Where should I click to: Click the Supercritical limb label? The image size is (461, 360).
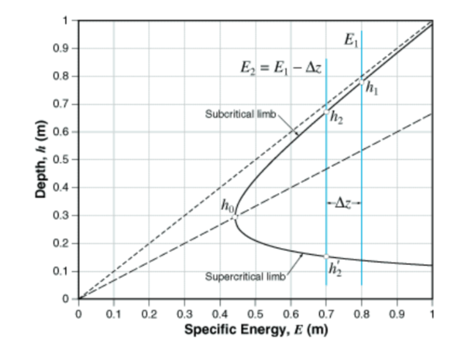pyautogui.click(x=243, y=277)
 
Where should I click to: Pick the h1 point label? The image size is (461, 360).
pyautogui.click(x=372, y=90)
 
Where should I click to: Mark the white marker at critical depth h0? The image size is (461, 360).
pyautogui.click(x=234, y=217)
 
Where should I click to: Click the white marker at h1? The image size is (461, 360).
pyautogui.click(x=362, y=82)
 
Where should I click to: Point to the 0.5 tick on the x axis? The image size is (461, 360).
pyautogui.click(x=255, y=315)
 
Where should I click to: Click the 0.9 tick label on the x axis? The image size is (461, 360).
pyautogui.click(x=397, y=315)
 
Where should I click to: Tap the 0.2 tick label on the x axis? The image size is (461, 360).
pyautogui.click(x=149, y=315)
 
